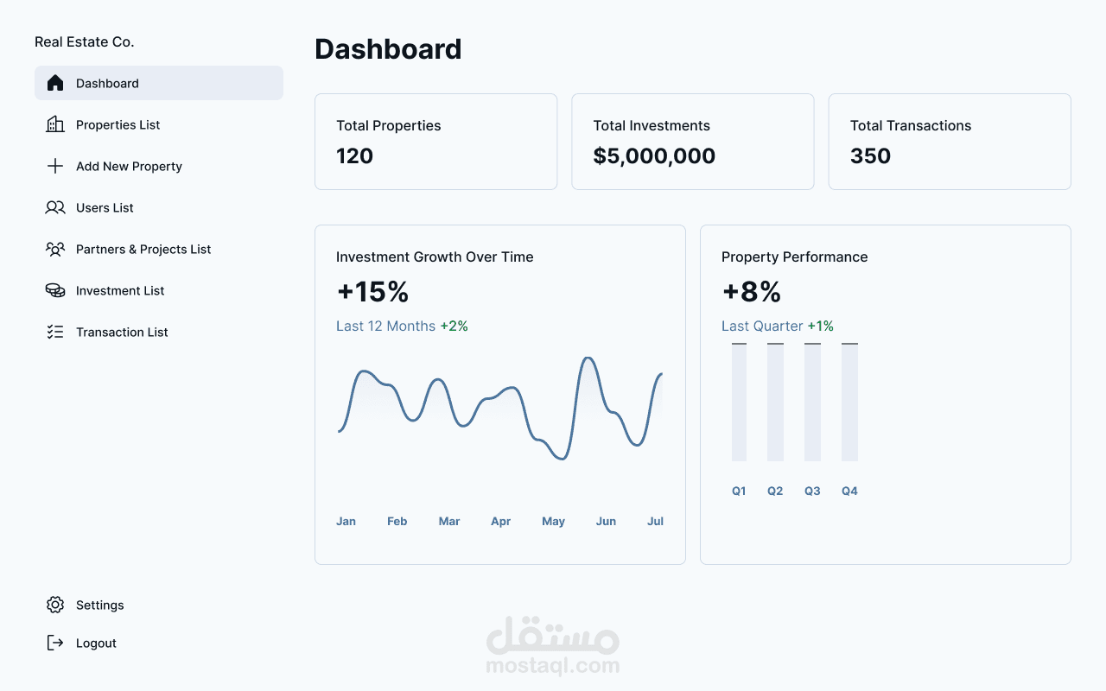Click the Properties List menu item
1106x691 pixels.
point(118,125)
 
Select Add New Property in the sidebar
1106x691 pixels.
point(129,167)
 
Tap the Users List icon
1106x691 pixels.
point(55,208)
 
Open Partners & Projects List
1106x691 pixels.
point(143,250)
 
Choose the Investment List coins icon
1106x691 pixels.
point(55,291)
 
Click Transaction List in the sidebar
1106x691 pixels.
point(122,333)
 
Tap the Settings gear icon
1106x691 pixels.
point(55,605)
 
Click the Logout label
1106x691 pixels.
point(96,643)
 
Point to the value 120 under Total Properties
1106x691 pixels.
point(355,156)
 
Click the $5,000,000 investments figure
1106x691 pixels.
point(654,156)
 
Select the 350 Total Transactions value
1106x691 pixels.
point(870,156)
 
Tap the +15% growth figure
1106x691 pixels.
point(372,292)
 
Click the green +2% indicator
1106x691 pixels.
point(454,326)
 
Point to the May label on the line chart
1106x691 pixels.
point(553,522)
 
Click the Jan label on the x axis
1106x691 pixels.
point(346,522)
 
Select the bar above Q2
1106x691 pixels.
point(775,403)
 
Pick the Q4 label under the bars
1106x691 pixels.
point(849,491)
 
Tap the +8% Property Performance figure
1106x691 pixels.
point(751,292)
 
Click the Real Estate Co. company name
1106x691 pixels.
point(85,42)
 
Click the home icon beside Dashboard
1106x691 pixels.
point(55,83)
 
